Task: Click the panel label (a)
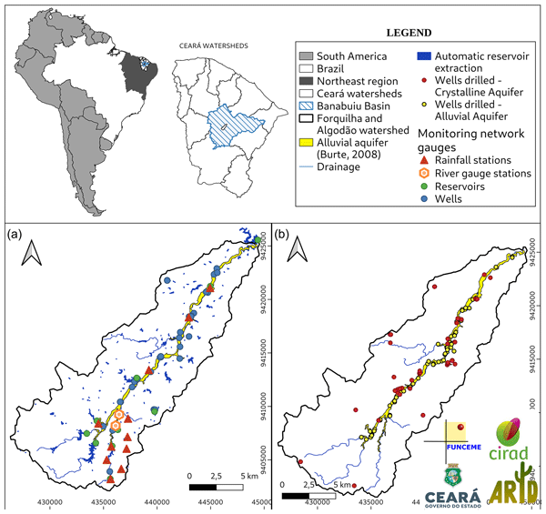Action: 15,233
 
